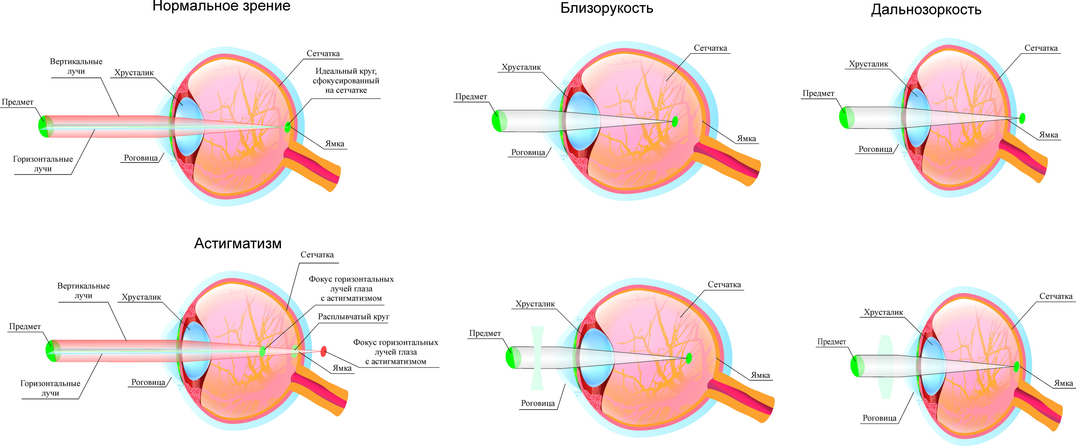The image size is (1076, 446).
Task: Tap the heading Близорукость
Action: click(x=607, y=8)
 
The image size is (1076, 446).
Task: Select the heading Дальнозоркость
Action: click(x=926, y=10)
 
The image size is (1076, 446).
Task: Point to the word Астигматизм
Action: click(x=238, y=243)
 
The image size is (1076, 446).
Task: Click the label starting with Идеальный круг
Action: click(x=346, y=81)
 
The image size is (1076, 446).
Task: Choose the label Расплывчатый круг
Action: click(x=353, y=317)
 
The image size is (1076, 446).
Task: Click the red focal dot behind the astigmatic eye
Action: click(x=323, y=351)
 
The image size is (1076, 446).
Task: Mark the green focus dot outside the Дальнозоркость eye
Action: click(x=1022, y=118)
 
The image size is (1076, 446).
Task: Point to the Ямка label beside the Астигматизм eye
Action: click(x=342, y=368)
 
